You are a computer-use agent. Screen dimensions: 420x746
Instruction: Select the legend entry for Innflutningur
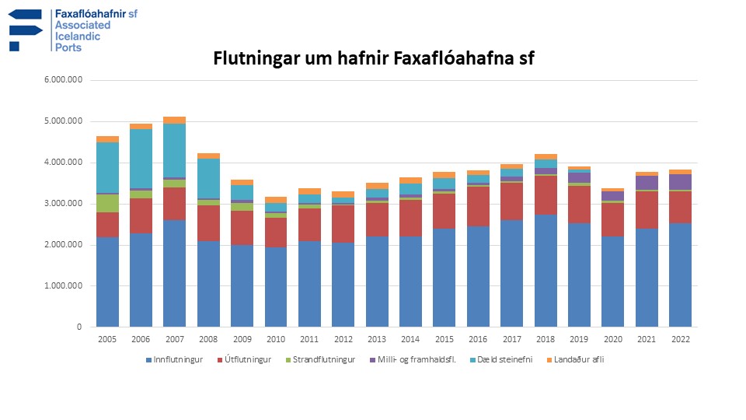tap(175, 359)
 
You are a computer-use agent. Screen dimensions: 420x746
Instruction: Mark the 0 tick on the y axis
tap(78, 327)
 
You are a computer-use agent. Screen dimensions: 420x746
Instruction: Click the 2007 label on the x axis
tap(175, 339)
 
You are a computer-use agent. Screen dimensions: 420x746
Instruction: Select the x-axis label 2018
tap(546, 339)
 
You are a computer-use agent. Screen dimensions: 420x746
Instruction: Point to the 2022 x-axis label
tap(680, 339)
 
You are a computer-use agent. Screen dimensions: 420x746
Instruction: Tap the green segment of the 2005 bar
tap(107, 203)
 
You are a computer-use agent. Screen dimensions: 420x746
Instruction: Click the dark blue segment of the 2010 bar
tap(276, 287)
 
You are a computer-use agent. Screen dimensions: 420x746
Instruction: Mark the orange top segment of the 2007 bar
tap(175, 120)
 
